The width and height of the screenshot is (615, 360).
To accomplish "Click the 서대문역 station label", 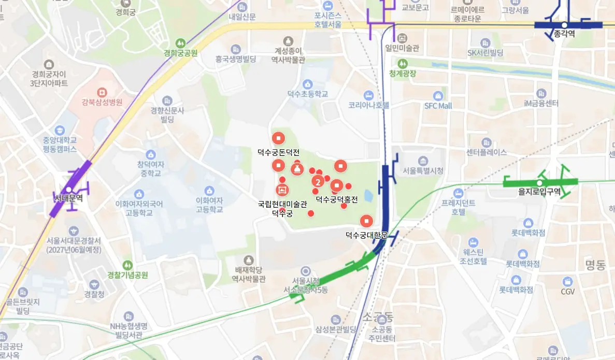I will coord(68,198).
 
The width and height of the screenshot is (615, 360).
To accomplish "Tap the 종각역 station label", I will coord(564,34).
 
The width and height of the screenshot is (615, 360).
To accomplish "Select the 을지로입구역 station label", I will coord(539,192).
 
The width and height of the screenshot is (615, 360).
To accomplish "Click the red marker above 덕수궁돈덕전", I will coord(279,138).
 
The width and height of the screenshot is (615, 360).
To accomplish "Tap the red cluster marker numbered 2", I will coord(318,182).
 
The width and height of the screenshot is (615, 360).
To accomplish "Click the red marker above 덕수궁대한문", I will coord(367,221).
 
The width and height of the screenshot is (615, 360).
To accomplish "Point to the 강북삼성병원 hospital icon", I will coord(102,91).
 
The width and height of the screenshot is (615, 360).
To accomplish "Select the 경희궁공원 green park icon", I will coord(180,42).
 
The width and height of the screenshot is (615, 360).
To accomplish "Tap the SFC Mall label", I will coord(438,106).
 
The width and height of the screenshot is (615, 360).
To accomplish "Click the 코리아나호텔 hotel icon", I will coord(368,95).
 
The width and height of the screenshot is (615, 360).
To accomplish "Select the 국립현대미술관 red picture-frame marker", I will coord(282,190).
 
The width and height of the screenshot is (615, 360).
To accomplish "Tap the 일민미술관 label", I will coord(402,48).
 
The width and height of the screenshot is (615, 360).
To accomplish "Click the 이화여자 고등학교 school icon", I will coord(209,191).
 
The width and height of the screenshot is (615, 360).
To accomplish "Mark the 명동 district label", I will coord(595,266).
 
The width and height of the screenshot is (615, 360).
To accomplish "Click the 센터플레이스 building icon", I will coord(486,142).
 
